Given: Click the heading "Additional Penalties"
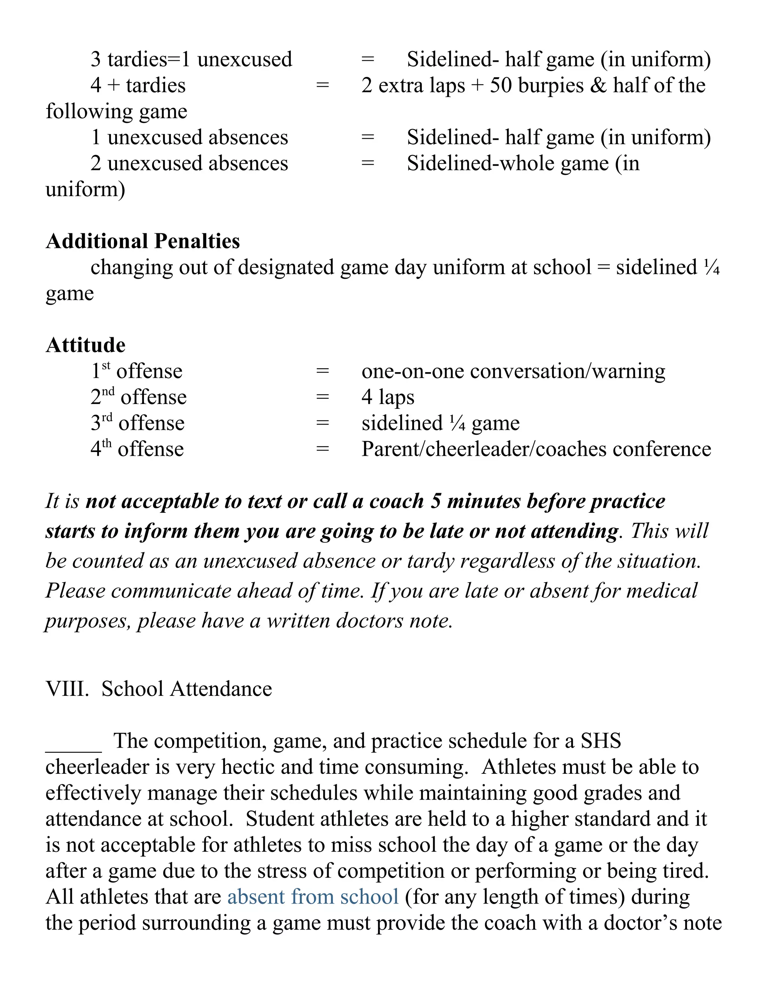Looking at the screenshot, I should click(142, 241).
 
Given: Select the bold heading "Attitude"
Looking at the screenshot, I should click(85, 345).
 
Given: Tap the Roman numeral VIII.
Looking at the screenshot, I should click(67, 689).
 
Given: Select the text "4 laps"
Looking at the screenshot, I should click(388, 397).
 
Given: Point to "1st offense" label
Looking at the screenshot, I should click(136, 371).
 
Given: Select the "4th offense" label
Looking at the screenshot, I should click(137, 449).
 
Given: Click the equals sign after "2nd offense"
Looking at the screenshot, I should click(322, 397).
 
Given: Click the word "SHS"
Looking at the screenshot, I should click(601, 741).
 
